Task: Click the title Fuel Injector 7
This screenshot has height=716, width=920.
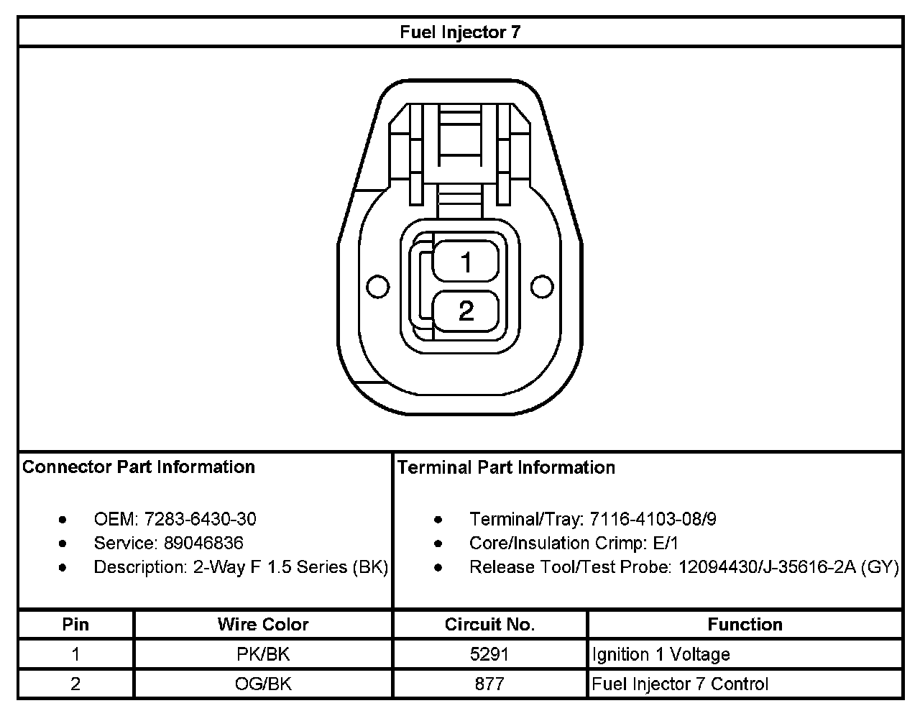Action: [460, 32]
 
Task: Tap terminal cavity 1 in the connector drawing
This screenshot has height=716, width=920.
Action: [466, 262]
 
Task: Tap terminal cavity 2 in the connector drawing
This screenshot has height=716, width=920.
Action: [466, 311]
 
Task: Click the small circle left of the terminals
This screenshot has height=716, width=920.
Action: [377, 287]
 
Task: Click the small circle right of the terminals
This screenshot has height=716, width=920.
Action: [542, 287]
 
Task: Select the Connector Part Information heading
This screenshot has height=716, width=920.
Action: [139, 467]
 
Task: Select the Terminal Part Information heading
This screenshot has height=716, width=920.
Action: [506, 467]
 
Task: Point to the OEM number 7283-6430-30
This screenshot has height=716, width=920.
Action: [201, 519]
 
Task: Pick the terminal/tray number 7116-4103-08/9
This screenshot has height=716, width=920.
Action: [653, 519]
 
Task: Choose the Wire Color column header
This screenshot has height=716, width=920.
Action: [263, 625]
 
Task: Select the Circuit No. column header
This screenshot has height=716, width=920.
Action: [489, 625]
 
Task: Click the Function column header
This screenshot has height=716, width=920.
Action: [745, 625]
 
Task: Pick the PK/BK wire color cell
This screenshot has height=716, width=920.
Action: [263, 654]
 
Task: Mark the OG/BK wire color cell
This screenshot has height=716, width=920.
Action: [263, 684]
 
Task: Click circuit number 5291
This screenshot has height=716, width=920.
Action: [489, 654]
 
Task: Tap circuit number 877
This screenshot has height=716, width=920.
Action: [489, 684]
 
